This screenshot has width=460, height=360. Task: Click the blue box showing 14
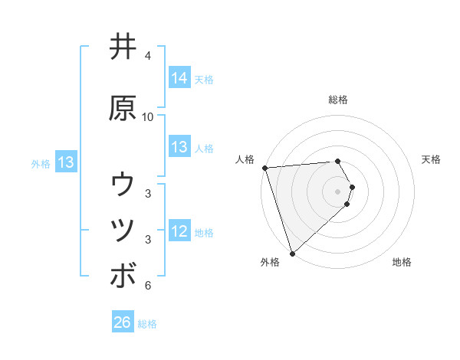(x=179, y=78)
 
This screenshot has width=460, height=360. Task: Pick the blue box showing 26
(x=123, y=322)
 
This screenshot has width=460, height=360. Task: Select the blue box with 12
(x=179, y=231)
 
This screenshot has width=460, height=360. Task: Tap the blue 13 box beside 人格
(x=179, y=147)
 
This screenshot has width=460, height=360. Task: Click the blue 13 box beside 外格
(x=65, y=162)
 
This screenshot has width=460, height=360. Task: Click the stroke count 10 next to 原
(x=148, y=117)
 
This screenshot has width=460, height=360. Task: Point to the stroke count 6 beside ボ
(x=148, y=286)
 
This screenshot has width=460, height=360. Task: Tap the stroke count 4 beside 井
(x=148, y=56)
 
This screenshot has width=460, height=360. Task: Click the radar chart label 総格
(x=337, y=100)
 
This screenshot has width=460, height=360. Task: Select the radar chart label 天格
(x=431, y=159)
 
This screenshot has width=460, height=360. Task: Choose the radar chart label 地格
(x=402, y=262)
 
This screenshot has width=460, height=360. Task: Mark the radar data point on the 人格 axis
(x=264, y=168)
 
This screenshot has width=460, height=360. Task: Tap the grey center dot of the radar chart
(x=337, y=191)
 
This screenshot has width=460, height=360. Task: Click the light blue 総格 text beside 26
(x=147, y=323)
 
